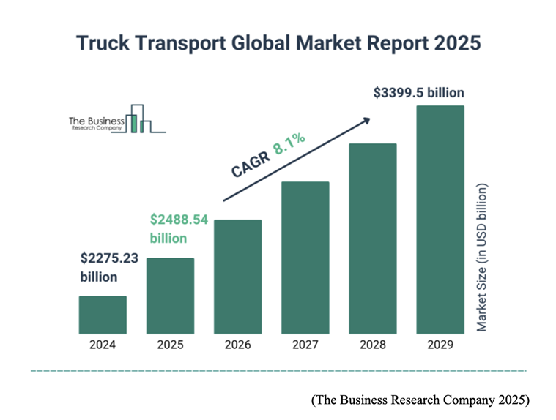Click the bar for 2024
(103, 314)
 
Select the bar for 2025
(170, 295)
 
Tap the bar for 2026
(238, 276)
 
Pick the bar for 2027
(305, 257)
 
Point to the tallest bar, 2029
(440, 219)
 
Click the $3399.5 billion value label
(418, 94)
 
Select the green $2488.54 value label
(179, 220)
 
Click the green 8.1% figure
(289, 143)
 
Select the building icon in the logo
(139, 119)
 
